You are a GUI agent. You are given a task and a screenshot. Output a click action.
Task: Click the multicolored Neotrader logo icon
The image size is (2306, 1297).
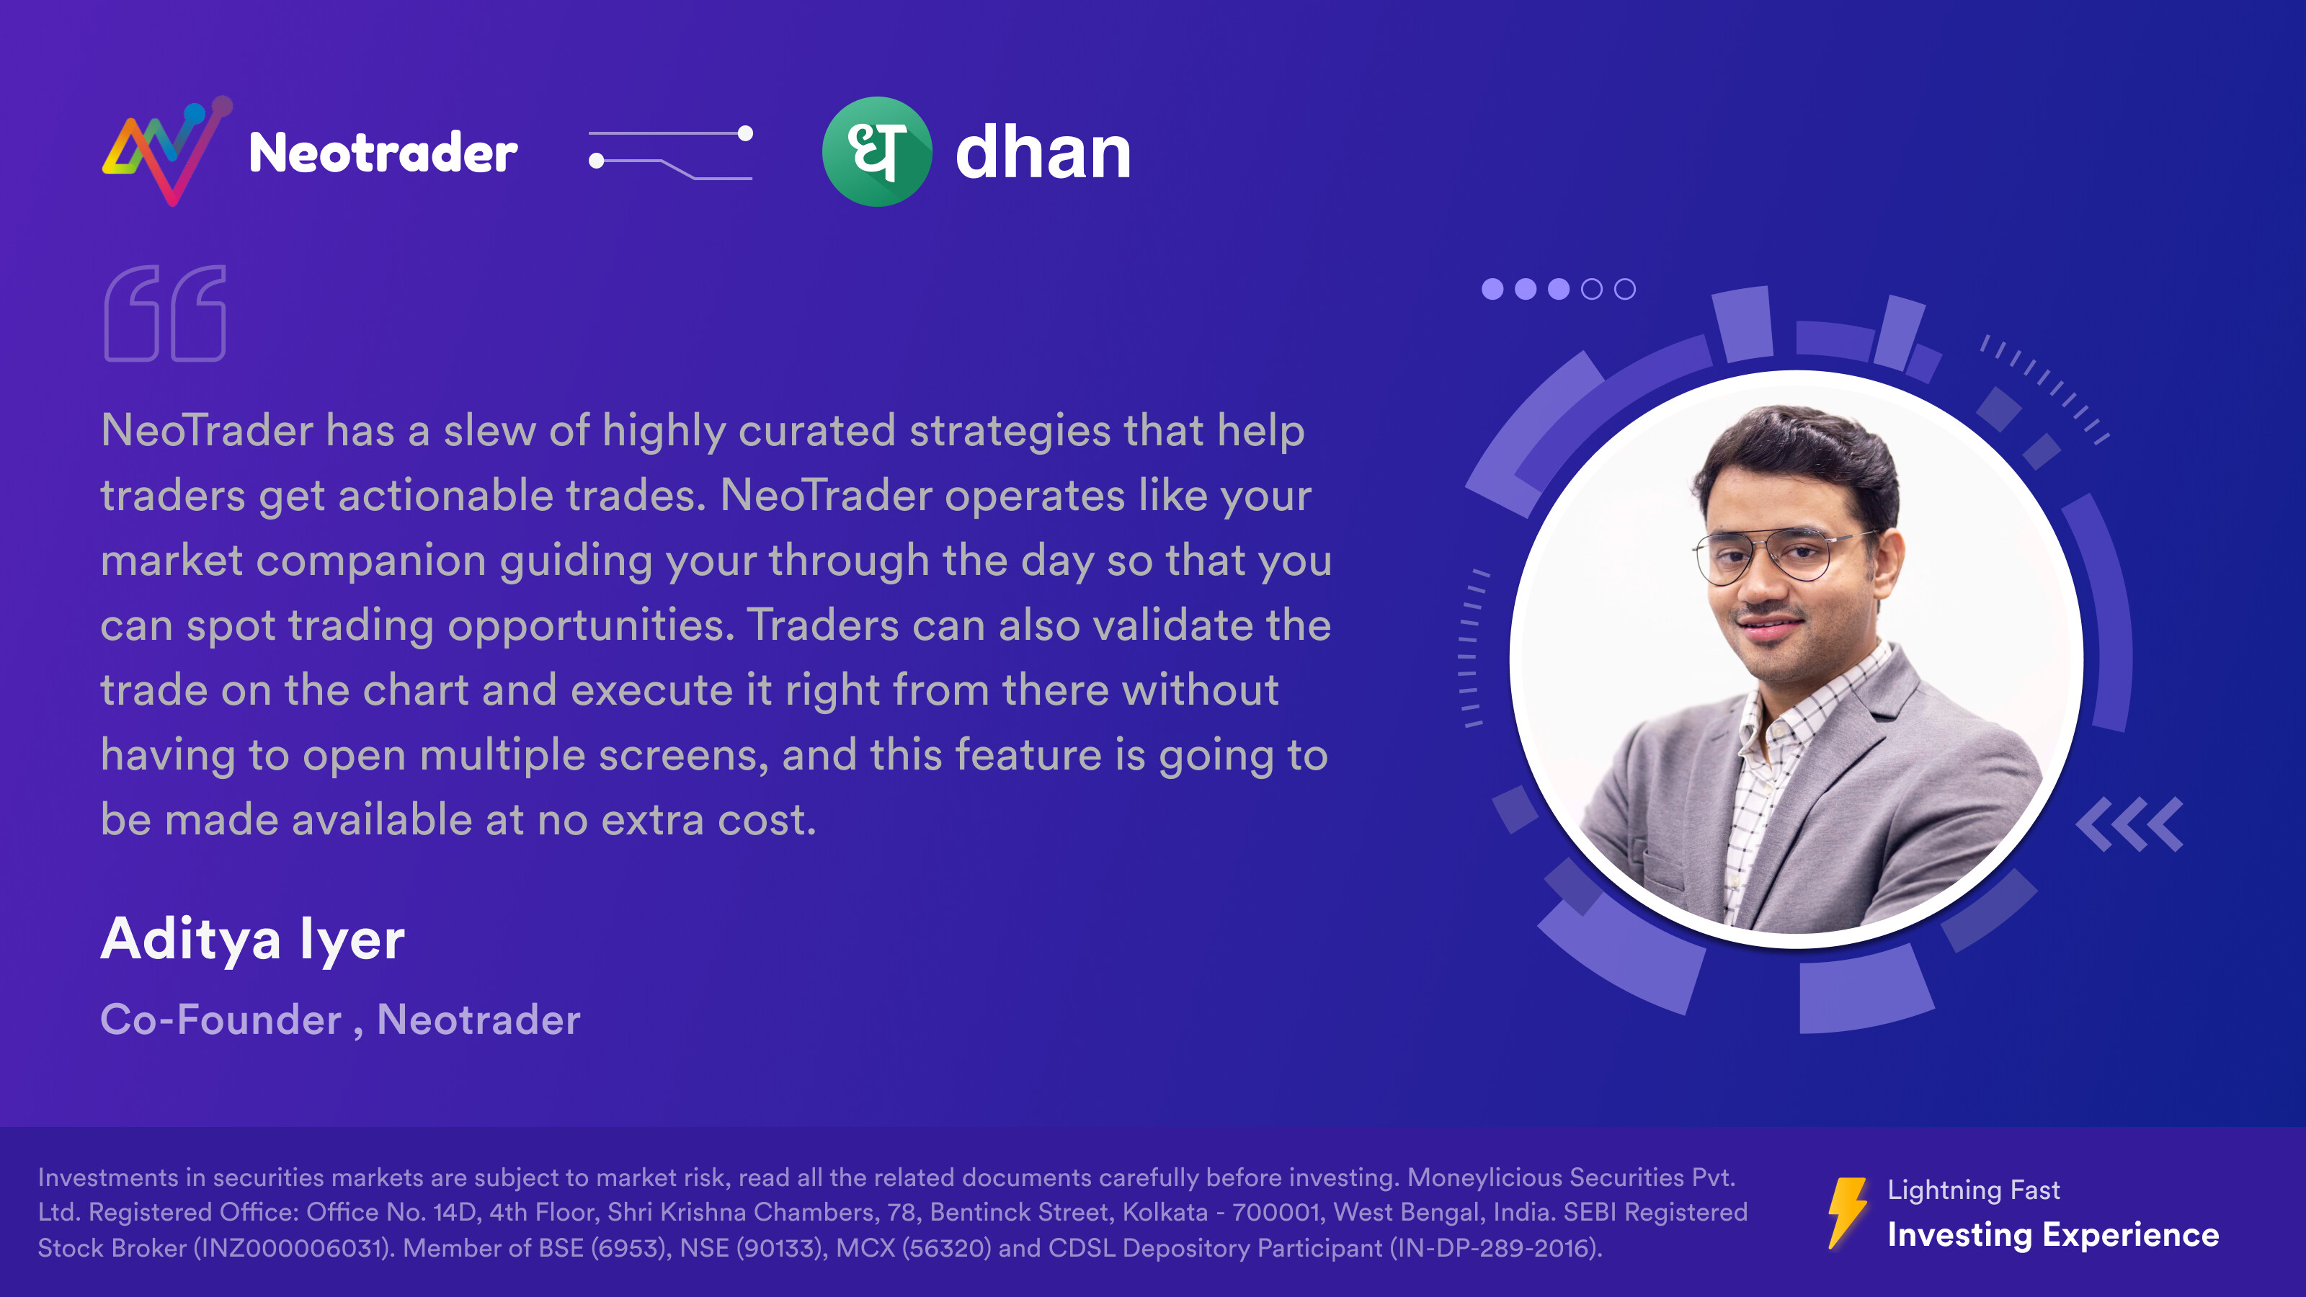(x=167, y=151)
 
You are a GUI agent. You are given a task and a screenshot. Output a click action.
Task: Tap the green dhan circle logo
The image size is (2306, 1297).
(x=876, y=151)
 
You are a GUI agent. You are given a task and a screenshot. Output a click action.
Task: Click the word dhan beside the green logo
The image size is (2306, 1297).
(x=1043, y=152)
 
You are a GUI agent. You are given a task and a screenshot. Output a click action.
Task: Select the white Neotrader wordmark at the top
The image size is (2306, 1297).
(x=383, y=152)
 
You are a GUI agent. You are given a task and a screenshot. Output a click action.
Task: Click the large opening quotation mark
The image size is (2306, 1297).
(x=166, y=313)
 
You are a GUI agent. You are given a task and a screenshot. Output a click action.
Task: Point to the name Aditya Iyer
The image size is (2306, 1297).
(x=252, y=939)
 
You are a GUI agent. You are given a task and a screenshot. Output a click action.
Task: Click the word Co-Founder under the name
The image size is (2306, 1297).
(x=221, y=1020)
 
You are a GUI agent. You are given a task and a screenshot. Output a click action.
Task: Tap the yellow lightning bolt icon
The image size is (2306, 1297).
(x=1847, y=1213)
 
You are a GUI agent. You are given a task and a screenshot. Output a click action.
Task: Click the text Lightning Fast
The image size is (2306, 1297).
(x=1973, y=1190)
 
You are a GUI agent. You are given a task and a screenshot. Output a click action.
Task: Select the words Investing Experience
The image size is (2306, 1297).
(x=2052, y=1234)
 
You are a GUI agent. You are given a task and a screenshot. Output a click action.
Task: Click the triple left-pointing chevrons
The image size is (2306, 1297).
(x=2129, y=824)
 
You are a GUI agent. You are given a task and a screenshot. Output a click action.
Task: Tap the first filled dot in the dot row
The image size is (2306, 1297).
(x=1492, y=289)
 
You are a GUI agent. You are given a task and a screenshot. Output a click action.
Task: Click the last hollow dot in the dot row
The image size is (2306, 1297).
(x=1625, y=289)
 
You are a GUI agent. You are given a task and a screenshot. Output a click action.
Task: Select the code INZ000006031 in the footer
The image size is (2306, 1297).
(x=292, y=1248)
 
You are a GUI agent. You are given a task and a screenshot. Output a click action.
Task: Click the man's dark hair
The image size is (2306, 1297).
(x=1799, y=457)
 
